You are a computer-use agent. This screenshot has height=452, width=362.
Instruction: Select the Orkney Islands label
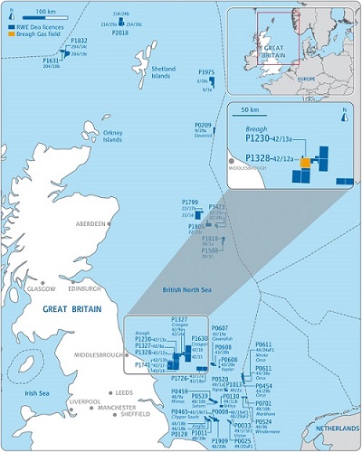pos(113,137)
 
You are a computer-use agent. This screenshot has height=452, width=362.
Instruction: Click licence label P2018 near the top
pos(120,32)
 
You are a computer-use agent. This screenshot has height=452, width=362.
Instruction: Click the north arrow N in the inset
pos(345,110)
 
